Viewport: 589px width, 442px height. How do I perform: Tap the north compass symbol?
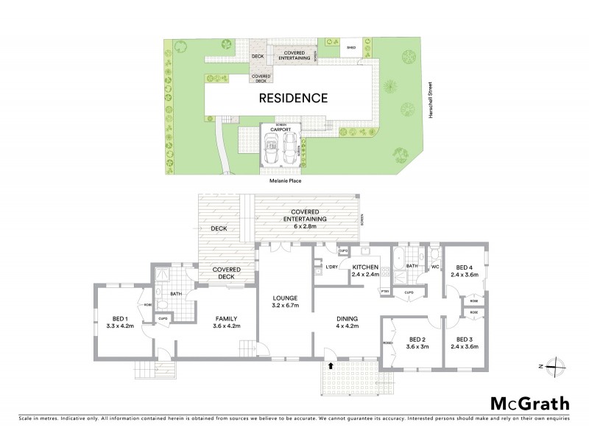click(x=558, y=365)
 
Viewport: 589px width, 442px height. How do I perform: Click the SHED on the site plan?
click(x=351, y=48)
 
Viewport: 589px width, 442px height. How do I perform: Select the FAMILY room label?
click(x=223, y=321)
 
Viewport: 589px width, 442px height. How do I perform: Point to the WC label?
click(x=435, y=266)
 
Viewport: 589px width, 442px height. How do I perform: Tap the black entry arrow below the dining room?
click(x=331, y=365)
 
